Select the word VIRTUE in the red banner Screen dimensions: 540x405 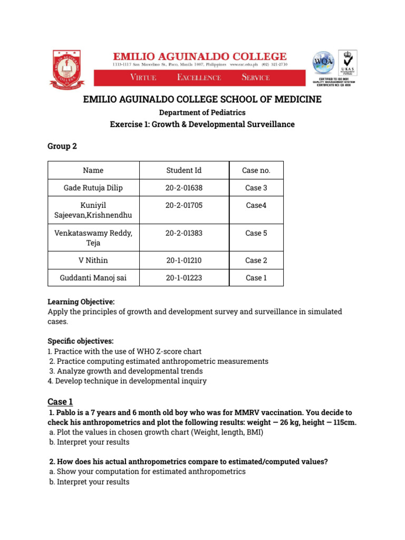(143, 78)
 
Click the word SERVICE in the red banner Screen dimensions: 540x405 (255, 78)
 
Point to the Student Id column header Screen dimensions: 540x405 (184, 170)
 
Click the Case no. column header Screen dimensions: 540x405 (256, 170)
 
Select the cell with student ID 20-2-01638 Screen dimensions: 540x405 (184, 188)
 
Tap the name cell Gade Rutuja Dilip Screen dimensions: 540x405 (94, 188)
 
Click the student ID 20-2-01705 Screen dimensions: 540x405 (184, 205)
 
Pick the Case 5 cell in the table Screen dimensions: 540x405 (256, 233)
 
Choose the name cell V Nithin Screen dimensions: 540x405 (93, 261)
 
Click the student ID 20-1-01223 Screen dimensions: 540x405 (184, 278)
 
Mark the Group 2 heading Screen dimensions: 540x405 (62, 146)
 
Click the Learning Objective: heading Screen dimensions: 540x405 (81, 302)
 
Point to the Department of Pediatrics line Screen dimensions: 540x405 (202, 112)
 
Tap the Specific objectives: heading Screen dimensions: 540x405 (80, 341)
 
